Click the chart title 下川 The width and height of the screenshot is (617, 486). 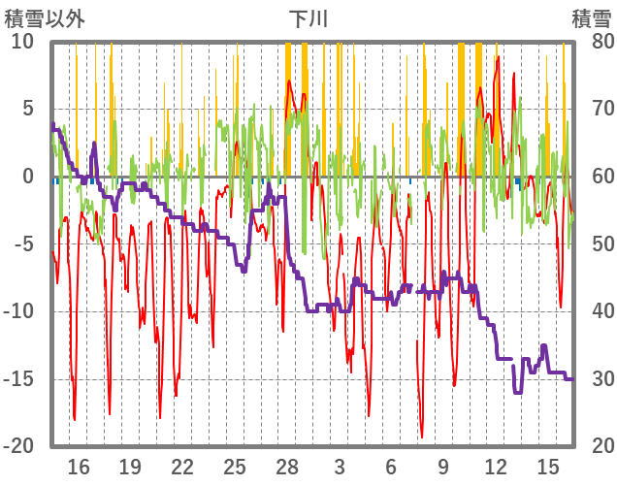[308, 17]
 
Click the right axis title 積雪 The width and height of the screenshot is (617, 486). [592, 17]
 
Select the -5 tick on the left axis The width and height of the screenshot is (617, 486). [23, 243]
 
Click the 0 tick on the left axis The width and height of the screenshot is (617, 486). [28, 177]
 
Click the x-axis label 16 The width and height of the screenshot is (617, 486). [79, 466]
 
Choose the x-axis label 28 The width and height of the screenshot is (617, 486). [287, 466]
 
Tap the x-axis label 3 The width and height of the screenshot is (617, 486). [339, 466]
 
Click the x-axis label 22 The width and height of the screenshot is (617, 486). [182, 466]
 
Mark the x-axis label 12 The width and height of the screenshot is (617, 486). [496, 466]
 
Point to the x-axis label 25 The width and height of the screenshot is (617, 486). [235, 466]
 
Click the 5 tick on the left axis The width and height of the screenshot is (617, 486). [28, 109]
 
